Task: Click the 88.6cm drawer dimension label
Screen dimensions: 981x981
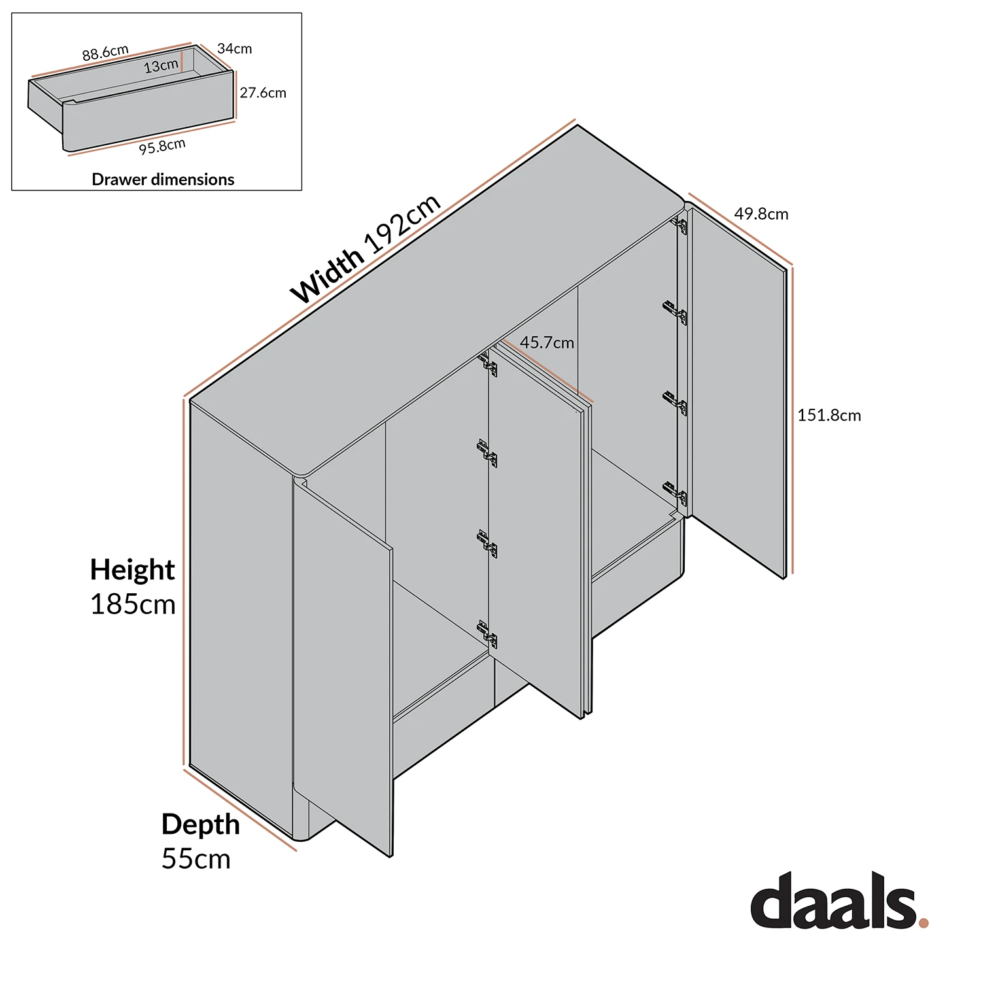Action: pos(105,53)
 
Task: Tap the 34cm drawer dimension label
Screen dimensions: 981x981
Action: pos(234,48)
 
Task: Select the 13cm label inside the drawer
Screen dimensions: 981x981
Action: pos(161,66)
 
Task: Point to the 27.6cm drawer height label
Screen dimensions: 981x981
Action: pos(263,93)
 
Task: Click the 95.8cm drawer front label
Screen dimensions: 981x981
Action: pos(162,146)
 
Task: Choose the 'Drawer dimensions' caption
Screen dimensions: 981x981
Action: pos(163,179)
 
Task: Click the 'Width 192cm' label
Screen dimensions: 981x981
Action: pos(366,249)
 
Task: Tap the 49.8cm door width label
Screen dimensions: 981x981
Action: pos(761,214)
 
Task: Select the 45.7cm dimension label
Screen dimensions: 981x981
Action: pos(547,343)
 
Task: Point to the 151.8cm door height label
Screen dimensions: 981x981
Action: pos(829,415)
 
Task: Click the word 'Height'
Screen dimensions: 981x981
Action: pos(132,570)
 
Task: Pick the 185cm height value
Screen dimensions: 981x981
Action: pos(133,604)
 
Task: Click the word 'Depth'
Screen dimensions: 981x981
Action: pos(200,824)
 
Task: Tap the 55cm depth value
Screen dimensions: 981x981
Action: pos(196,859)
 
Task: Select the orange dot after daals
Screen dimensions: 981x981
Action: pos(923,923)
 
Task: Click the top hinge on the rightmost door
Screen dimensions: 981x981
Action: pos(680,226)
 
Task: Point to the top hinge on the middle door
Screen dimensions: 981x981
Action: pos(488,364)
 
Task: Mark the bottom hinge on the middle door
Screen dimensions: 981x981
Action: pos(488,634)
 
